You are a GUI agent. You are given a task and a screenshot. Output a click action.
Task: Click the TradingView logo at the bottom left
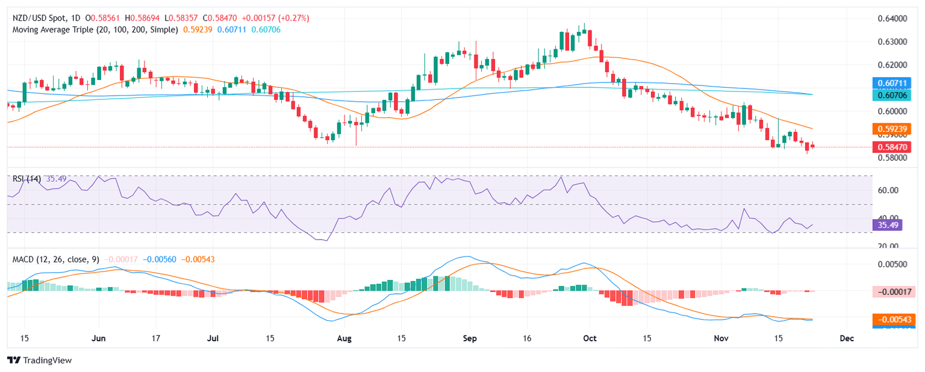pyautogui.click(x=39, y=360)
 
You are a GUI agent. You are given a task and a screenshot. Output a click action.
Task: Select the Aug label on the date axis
pyautogui.click(x=344, y=338)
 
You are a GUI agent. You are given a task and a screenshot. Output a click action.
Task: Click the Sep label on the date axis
pyautogui.click(x=470, y=338)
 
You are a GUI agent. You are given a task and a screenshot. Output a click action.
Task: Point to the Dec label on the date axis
pyautogui.click(x=847, y=338)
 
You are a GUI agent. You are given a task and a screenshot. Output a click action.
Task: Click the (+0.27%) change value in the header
pyautogui.click(x=293, y=18)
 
